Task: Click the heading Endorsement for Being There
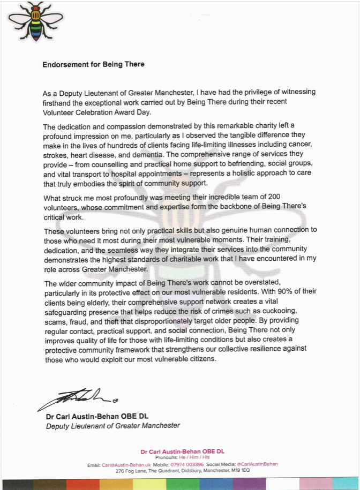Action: click(x=93, y=64)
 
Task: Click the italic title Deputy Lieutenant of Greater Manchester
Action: click(x=112, y=426)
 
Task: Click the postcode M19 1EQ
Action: click(x=241, y=470)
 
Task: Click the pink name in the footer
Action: click(x=182, y=451)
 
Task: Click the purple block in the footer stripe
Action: click(x=249, y=484)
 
